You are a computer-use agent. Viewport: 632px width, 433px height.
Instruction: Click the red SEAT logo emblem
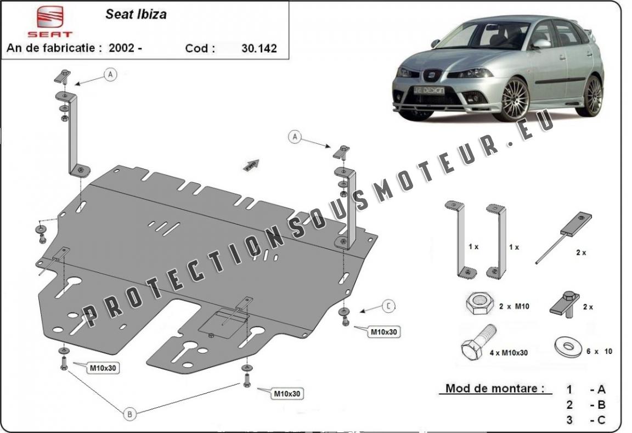click(50, 16)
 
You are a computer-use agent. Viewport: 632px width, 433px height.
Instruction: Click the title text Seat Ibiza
click(136, 14)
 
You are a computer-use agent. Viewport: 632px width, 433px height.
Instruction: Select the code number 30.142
click(259, 48)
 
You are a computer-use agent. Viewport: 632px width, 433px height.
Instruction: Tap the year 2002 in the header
click(121, 48)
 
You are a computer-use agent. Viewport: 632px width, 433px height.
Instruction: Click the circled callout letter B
click(129, 414)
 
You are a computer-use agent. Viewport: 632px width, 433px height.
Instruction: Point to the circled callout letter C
click(388, 306)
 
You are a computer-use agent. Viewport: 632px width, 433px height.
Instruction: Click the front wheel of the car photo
click(515, 99)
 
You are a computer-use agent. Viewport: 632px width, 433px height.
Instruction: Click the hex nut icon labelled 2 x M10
click(479, 303)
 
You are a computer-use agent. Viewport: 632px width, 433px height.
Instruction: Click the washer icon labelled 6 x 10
click(568, 347)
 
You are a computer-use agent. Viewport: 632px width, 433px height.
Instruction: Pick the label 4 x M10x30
click(509, 353)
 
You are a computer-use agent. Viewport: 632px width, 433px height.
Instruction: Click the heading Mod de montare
click(494, 388)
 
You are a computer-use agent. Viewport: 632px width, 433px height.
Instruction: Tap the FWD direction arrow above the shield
click(251, 165)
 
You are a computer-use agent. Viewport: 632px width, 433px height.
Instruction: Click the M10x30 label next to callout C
click(383, 332)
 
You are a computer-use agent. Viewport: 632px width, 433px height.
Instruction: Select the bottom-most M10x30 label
click(287, 393)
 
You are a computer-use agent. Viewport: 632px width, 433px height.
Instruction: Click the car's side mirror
click(540, 44)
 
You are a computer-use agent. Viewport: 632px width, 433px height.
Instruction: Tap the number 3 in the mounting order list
click(569, 420)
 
